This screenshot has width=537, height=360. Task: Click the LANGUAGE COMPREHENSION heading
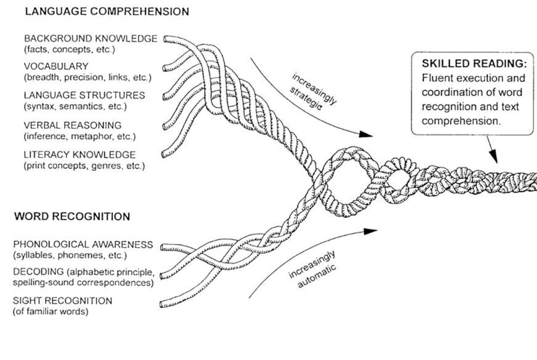(x=107, y=12)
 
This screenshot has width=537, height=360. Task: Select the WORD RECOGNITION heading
(x=72, y=217)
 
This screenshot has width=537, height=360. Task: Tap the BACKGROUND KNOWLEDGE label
(x=90, y=38)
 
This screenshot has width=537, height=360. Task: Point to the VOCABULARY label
(x=56, y=67)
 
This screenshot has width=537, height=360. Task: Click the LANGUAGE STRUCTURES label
(x=84, y=96)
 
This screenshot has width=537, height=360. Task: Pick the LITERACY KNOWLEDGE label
(x=79, y=155)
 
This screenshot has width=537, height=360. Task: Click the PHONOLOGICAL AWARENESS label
(x=83, y=245)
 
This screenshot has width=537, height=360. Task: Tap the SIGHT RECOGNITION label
(x=63, y=301)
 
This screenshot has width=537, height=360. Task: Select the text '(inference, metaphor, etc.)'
(x=79, y=136)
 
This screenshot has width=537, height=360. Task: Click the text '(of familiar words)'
(x=50, y=311)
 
